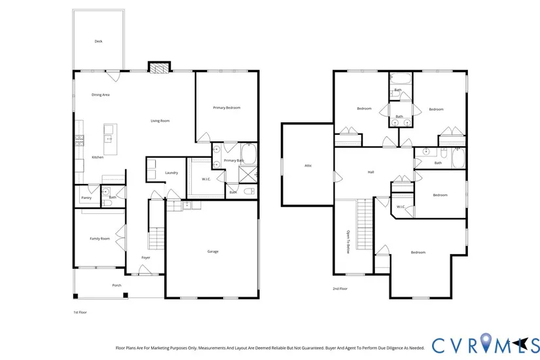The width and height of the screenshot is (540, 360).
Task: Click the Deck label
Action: point(98,41)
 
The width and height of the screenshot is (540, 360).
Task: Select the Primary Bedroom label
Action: point(226,108)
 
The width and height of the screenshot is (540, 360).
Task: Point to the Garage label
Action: point(213,251)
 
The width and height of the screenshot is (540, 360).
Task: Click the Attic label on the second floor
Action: point(308,166)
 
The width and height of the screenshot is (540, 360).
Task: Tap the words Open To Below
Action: point(348,242)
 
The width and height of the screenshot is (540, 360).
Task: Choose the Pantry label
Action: point(86,198)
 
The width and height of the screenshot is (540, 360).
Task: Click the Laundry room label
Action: point(171,173)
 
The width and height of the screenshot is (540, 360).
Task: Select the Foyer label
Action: point(146,258)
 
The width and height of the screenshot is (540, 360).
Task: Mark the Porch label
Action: point(117,285)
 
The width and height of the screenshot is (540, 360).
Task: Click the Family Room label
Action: point(100,239)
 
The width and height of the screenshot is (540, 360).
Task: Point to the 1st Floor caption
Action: point(81,312)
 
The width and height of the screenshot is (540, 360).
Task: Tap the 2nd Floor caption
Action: point(340,289)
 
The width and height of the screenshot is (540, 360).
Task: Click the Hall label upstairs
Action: point(371,172)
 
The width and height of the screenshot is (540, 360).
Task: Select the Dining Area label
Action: point(101,95)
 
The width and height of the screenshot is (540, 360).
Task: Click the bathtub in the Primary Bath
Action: point(248,154)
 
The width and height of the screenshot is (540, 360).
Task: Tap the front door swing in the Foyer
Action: point(145,270)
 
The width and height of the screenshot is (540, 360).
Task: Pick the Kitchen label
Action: point(98,158)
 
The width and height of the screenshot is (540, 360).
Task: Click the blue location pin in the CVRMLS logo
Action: point(485,342)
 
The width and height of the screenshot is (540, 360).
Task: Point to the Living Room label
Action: point(160,121)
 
